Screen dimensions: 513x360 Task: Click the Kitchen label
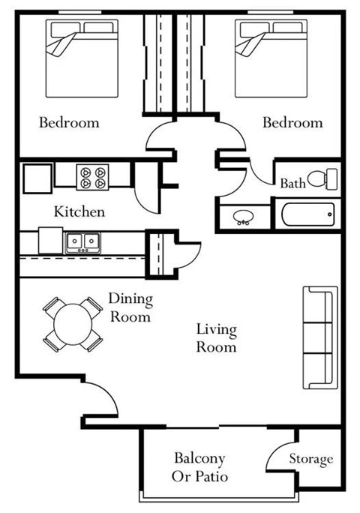coord(79,211)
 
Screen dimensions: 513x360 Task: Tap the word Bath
coord(292,183)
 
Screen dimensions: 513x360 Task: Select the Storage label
coord(311,459)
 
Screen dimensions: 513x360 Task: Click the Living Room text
coord(216,338)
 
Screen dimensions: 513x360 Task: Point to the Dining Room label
coord(130,308)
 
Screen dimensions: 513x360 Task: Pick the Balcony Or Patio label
coord(200,466)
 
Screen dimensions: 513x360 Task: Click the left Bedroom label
coord(69,122)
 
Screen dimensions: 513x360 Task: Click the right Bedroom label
coord(292,122)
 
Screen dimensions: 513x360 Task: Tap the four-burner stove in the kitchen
coord(93,176)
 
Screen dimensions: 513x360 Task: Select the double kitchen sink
coord(82,241)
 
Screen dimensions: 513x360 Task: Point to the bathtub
coord(307,217)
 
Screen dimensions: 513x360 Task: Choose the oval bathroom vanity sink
coord(242,217)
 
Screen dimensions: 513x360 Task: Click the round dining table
coord(72,325)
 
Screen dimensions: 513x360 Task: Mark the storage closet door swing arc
coord(280,452)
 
